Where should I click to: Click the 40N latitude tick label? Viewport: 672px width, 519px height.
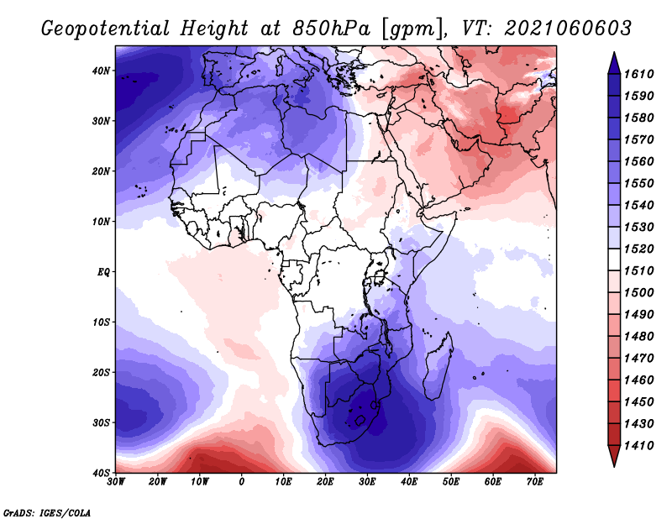pyautogui.click(x=101, y=71)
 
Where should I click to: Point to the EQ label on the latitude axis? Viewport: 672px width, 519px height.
pyautogui.click(x=103, y=272)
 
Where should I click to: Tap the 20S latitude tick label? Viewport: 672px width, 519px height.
pyautogui.click(x=101, y=372)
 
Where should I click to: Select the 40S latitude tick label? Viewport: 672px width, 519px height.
pyautogui.click(x=101, y=473)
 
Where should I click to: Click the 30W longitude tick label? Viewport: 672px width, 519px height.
pyautogui.click(x=116, y=482)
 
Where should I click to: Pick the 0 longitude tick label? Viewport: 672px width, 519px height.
pyautogui.click(x=242, y=482)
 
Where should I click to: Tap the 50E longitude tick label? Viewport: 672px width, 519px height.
pyautogui.click(x=451, y=482)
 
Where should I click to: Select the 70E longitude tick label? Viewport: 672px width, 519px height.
pyautogui.click(x=535, y=482)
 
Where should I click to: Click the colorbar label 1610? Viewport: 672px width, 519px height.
pyautogui.click(x=638, y=74)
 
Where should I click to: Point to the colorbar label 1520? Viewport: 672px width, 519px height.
pyautogui.click(x=638, y=249)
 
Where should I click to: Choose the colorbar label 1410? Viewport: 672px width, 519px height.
pyautogui.click(x=638, y=446)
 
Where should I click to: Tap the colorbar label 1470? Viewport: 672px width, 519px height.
pyautogui.click(x=638, y=359)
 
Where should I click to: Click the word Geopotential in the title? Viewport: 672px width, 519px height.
pyautogui.click(x=106, y=29)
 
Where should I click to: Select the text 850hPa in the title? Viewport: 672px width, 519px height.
pyautogui.click(x=331, y=29)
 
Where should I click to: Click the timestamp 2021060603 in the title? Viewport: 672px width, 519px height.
pyautogui.click(x=568, y=29)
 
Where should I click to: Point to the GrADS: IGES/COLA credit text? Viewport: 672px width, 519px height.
pyautogui.click(x=47, y=513)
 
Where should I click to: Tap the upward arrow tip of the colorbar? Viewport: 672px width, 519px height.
pyautogui.click(x=614, y=52)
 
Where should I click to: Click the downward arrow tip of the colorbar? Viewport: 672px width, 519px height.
pyautogui.click(x=614, y=467)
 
